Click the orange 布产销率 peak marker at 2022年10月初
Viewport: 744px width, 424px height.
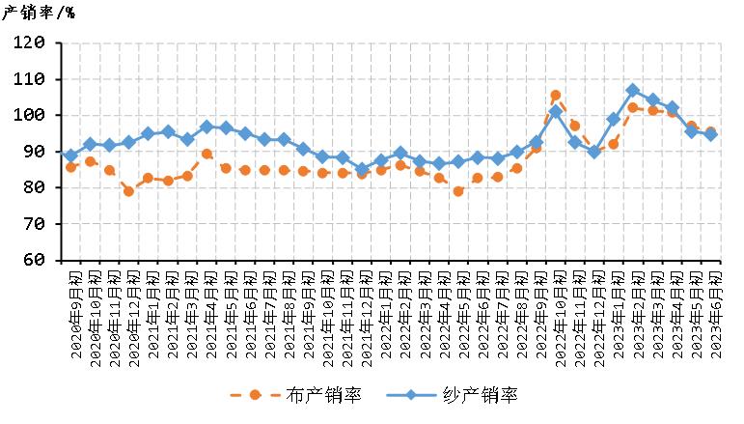[x=555, y=96]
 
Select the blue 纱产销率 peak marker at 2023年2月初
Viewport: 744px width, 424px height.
[x=633, y=91]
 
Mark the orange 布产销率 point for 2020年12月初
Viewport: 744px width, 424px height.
[x=128, y=191]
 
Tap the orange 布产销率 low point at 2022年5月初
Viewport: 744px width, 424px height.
[x=458, y=191]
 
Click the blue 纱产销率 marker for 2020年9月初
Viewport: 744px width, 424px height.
[x=70, y=155]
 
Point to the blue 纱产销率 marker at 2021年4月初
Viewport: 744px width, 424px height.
[x=207, y=127]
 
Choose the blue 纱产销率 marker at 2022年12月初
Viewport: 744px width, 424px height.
[x=594, y=152]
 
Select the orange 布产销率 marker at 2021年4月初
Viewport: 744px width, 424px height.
[x=207, y=154]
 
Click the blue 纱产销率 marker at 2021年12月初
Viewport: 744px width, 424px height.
[x=362, y=169]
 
